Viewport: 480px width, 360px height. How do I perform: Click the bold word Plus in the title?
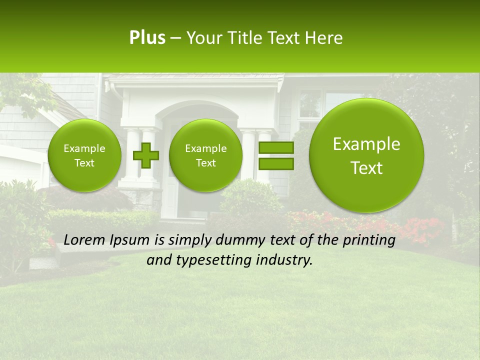(147, 38)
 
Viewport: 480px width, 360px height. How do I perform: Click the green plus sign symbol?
(146, 155)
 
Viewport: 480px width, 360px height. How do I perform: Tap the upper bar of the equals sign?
(275, 147)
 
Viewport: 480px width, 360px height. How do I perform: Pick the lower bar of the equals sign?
(275, 163)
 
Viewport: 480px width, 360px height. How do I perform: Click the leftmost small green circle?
(84, 155)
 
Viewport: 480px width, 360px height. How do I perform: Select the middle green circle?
(205, 155)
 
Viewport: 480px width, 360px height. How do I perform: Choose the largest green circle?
(366, 155)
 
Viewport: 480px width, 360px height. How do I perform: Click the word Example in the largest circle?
(366, 144)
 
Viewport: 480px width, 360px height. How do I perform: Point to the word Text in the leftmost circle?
(84, 163)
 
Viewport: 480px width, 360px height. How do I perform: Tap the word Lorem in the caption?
(85, 240)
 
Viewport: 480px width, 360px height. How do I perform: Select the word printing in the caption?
(368, 240)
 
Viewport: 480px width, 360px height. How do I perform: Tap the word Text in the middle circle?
(205, 163)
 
